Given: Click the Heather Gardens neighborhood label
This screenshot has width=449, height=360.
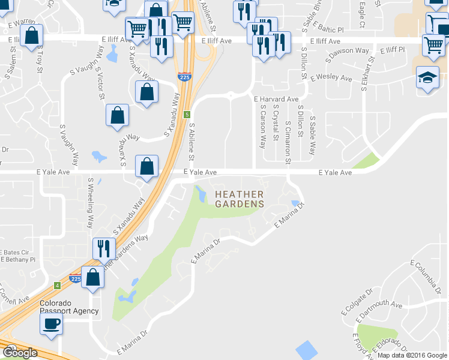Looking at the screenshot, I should [x=239, y=199].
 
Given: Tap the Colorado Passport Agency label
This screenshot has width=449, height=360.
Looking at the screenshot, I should [x=69, y=307].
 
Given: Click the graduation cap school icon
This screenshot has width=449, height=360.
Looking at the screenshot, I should [x=427, y=77].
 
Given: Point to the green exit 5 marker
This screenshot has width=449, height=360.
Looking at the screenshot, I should [x=187, y=114].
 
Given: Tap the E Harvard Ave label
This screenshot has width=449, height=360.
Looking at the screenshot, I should [x=276, y=99].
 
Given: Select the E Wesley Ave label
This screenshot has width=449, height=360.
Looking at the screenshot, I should [x=331, y=78].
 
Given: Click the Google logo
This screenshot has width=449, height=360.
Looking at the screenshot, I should [x=20, y=353].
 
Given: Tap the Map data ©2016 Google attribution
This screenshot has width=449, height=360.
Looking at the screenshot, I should [x=412, y=355].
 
